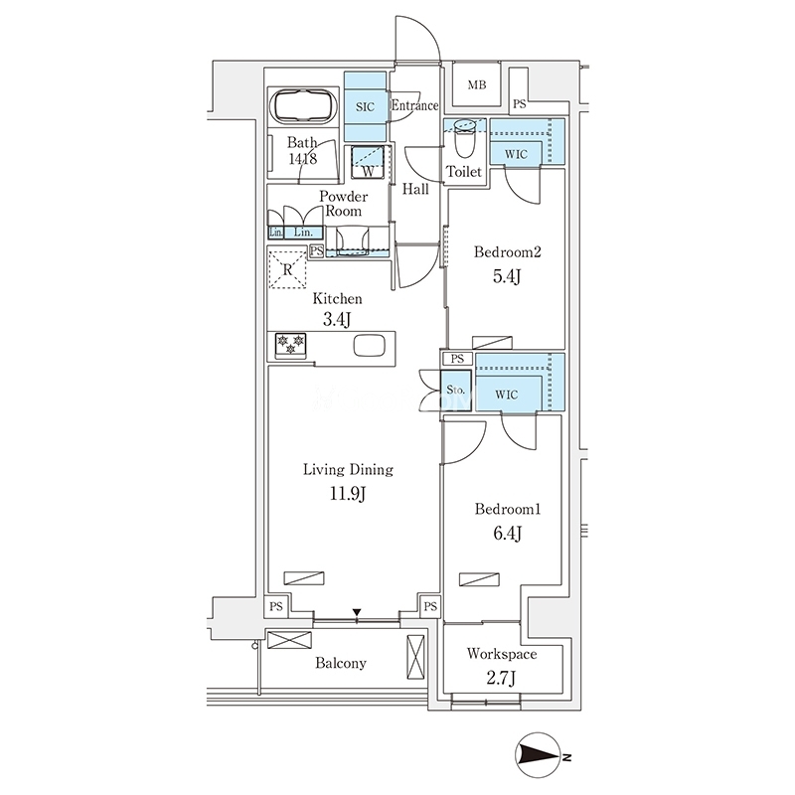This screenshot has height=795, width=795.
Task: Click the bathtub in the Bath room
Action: [303, 106]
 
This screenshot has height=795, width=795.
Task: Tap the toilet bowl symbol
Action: [464, 139]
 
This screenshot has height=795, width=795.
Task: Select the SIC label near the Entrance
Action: [365, 107]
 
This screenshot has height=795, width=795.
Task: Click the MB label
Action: [477, 85]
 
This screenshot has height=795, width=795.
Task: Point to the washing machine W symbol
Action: [368, 171]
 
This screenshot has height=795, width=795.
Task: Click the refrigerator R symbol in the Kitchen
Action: [287, 269]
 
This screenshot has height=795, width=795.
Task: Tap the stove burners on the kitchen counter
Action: [290, 344]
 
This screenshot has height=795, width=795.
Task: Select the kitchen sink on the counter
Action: [368, 346]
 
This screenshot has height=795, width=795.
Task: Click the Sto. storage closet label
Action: [456, 390]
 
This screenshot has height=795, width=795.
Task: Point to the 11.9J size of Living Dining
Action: [348, 493]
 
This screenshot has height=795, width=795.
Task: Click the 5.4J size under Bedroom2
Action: [507, 276]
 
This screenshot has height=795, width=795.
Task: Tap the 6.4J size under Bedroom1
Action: [508, 533]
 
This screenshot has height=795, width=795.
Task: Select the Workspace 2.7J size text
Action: [501, 678]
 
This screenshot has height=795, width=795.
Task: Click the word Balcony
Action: [340, 663]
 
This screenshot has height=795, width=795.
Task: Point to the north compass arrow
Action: [538, 755]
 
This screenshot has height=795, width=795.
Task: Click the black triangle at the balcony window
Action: [357, 613]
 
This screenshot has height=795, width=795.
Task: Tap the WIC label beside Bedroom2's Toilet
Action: [516, 154]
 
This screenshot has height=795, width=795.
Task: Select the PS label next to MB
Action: [519, 105]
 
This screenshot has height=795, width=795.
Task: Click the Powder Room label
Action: [343, 204]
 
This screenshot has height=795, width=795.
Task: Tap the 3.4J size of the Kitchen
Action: [337, 320]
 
